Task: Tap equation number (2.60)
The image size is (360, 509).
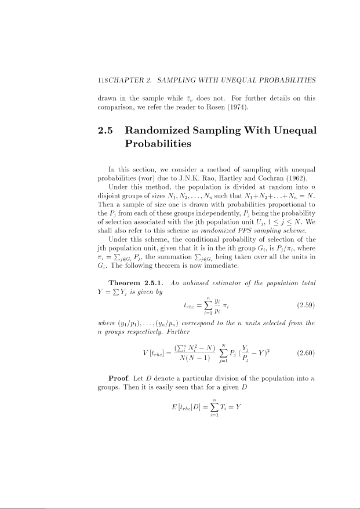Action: (306, 352)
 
